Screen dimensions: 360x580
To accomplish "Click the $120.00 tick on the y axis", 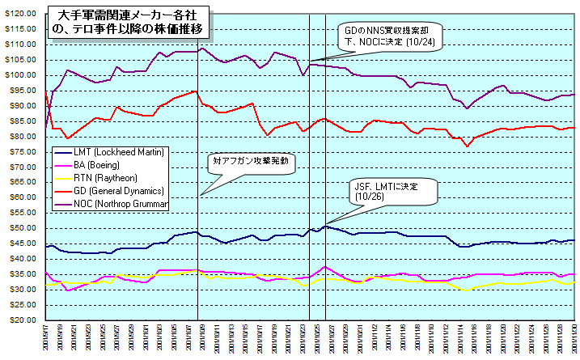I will (22, 14).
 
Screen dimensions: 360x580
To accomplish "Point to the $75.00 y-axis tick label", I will (23, 151).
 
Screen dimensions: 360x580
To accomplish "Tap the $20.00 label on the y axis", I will (23, 320).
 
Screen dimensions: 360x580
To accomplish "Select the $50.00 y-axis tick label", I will (23, 228).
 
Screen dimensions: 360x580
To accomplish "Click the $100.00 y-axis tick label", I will (22, 75).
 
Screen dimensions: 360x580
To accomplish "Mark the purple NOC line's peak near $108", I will (201, 48).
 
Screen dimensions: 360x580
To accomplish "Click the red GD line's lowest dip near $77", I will (467, 146).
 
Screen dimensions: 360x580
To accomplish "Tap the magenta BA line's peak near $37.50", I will (324, 266).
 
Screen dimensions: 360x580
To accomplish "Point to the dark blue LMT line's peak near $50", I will (324, 227).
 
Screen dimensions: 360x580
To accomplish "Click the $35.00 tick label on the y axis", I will (23, 273).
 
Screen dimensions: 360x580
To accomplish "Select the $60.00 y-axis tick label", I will (23, 197).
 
